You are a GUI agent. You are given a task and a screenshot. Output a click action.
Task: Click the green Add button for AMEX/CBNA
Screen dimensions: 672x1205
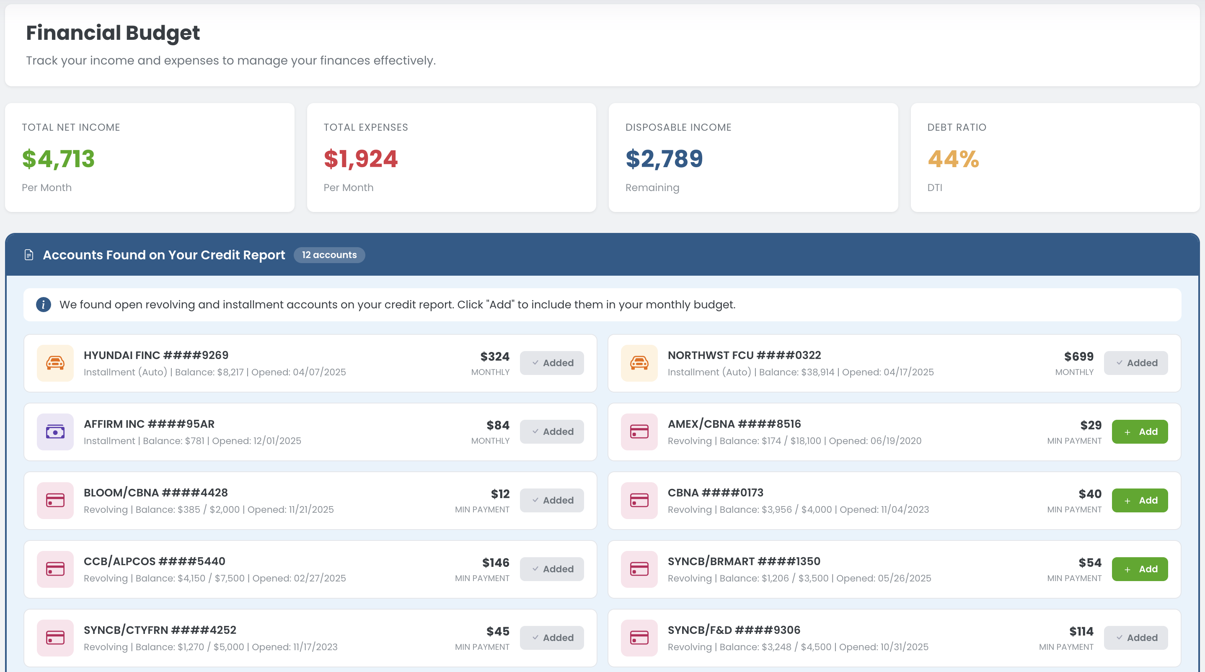click(1140, 432)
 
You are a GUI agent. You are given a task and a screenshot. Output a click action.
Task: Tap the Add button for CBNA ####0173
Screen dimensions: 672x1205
click(1140, 500)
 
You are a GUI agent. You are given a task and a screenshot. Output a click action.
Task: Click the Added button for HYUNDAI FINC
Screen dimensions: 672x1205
click(551, 363)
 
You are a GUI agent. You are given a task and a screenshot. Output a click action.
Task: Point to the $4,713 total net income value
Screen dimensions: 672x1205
click(59, 159)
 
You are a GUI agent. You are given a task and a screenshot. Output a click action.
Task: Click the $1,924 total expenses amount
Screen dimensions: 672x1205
click(361, 159)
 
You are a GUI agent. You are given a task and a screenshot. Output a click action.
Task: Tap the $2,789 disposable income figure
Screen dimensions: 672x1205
click(664, 159)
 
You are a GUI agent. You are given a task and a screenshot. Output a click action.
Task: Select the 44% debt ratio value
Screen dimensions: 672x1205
click(953, 159)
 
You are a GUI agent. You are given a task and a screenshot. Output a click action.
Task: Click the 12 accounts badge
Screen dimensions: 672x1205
click(329, 255)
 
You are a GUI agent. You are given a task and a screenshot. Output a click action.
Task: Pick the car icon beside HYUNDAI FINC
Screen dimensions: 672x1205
click(55, 363)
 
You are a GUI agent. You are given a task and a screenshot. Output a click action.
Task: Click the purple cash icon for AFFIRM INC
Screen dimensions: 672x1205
click(55, 432)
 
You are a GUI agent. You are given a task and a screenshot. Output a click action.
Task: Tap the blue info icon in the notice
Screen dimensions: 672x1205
click(44, 305)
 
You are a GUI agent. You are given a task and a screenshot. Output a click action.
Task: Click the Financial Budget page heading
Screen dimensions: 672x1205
click(113, 33)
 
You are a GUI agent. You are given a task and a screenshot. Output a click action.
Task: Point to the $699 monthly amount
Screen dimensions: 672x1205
click(1079, 357)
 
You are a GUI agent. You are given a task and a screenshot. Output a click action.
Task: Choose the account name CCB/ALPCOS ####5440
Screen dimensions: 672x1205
click(154, 561)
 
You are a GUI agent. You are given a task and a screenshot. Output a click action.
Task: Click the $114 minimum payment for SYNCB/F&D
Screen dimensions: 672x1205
click(1081, 632)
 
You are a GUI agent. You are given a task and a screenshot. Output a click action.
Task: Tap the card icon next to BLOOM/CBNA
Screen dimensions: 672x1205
click(55, 500)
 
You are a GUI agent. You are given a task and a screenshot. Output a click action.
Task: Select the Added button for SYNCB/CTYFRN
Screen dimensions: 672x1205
click(551, 638)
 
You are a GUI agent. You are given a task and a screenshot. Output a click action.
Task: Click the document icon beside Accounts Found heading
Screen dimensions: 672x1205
click(29, 255)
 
